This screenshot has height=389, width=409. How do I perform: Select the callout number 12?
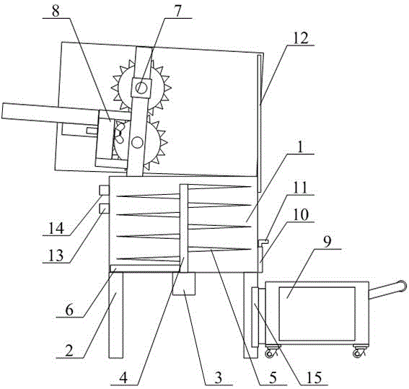coord(301,38)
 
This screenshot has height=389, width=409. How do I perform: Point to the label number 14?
coord(56,228)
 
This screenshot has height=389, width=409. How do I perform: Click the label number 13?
coord(56,255)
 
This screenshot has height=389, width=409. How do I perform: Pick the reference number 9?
coord(327,242)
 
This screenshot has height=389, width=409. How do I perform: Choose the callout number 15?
coord(314,377)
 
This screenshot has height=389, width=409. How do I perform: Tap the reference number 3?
coord(218,377)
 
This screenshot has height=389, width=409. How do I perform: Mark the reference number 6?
coord(69,310)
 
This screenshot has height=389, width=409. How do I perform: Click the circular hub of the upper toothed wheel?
coord(141,87)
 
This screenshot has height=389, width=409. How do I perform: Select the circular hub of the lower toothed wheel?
coord(137,142)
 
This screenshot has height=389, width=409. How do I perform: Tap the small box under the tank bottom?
coord(184,284)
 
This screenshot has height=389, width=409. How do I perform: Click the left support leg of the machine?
coord(116,315)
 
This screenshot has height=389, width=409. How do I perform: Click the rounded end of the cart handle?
coord(402,285)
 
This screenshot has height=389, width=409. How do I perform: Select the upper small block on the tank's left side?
coord(104,190)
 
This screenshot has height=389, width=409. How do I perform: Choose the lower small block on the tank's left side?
coord(104,209)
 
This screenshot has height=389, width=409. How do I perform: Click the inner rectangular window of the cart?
coord(317,314)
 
